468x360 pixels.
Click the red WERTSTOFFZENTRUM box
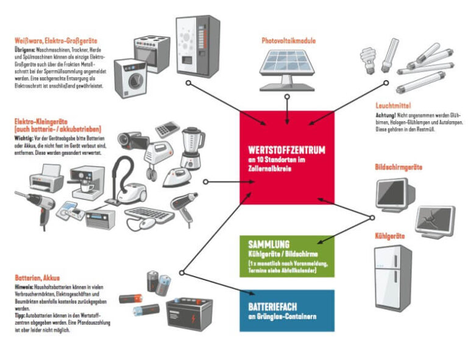(x=286, y=155)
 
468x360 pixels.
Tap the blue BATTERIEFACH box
(x=286, y=310)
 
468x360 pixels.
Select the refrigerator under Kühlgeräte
(x=392, y=278)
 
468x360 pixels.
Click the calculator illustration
(x=165, y=129)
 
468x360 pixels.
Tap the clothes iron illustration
(x=177, y=175)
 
